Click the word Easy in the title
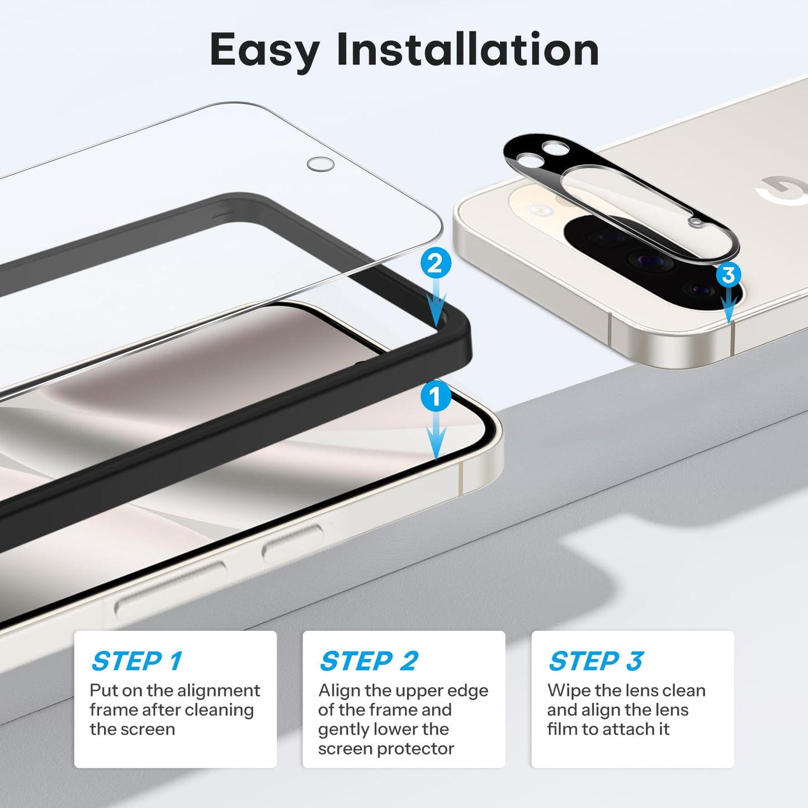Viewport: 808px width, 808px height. (264, 50)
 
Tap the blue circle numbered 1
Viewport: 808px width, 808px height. (435, 397)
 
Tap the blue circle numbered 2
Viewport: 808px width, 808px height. (436, 263)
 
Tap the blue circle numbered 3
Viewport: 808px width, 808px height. (728, 275)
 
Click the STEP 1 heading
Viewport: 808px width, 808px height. (137, 661)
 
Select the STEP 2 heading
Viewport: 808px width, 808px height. (369, 661)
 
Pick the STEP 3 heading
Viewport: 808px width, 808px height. (596, 661)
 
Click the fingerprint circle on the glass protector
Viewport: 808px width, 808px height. (320, 164)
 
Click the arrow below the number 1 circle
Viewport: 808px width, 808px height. (436, 439)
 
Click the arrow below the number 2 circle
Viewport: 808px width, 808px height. (436, 305)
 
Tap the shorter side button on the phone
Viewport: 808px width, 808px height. (292, 543)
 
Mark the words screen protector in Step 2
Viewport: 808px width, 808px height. (386, 749)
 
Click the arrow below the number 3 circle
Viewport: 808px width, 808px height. (728, 308)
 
